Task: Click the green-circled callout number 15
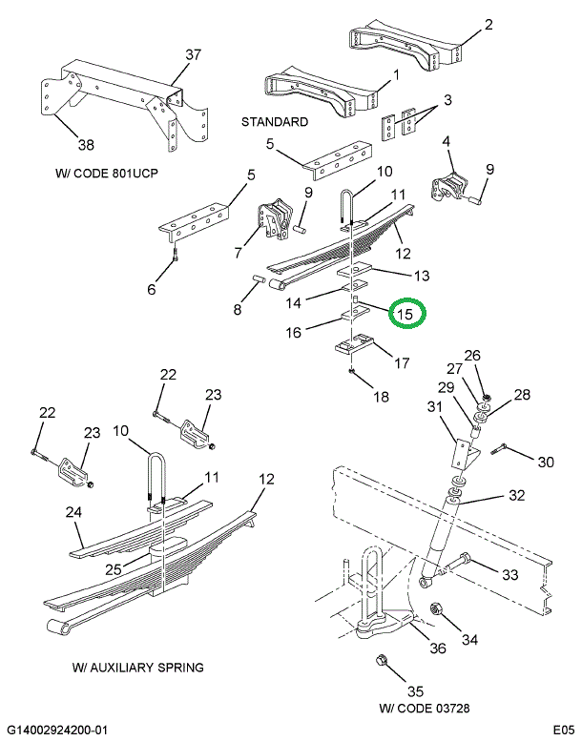[405, 314]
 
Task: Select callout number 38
[87, 145]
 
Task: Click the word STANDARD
[274, 122]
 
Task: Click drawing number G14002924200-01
[59, 730]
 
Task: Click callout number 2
[488, 25]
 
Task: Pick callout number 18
[382, 397]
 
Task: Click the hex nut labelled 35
[380, 660]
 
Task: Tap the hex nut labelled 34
[433, 609]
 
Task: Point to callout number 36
[437, 649]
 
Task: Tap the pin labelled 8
[259, 280]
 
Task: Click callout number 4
[445, 142]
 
